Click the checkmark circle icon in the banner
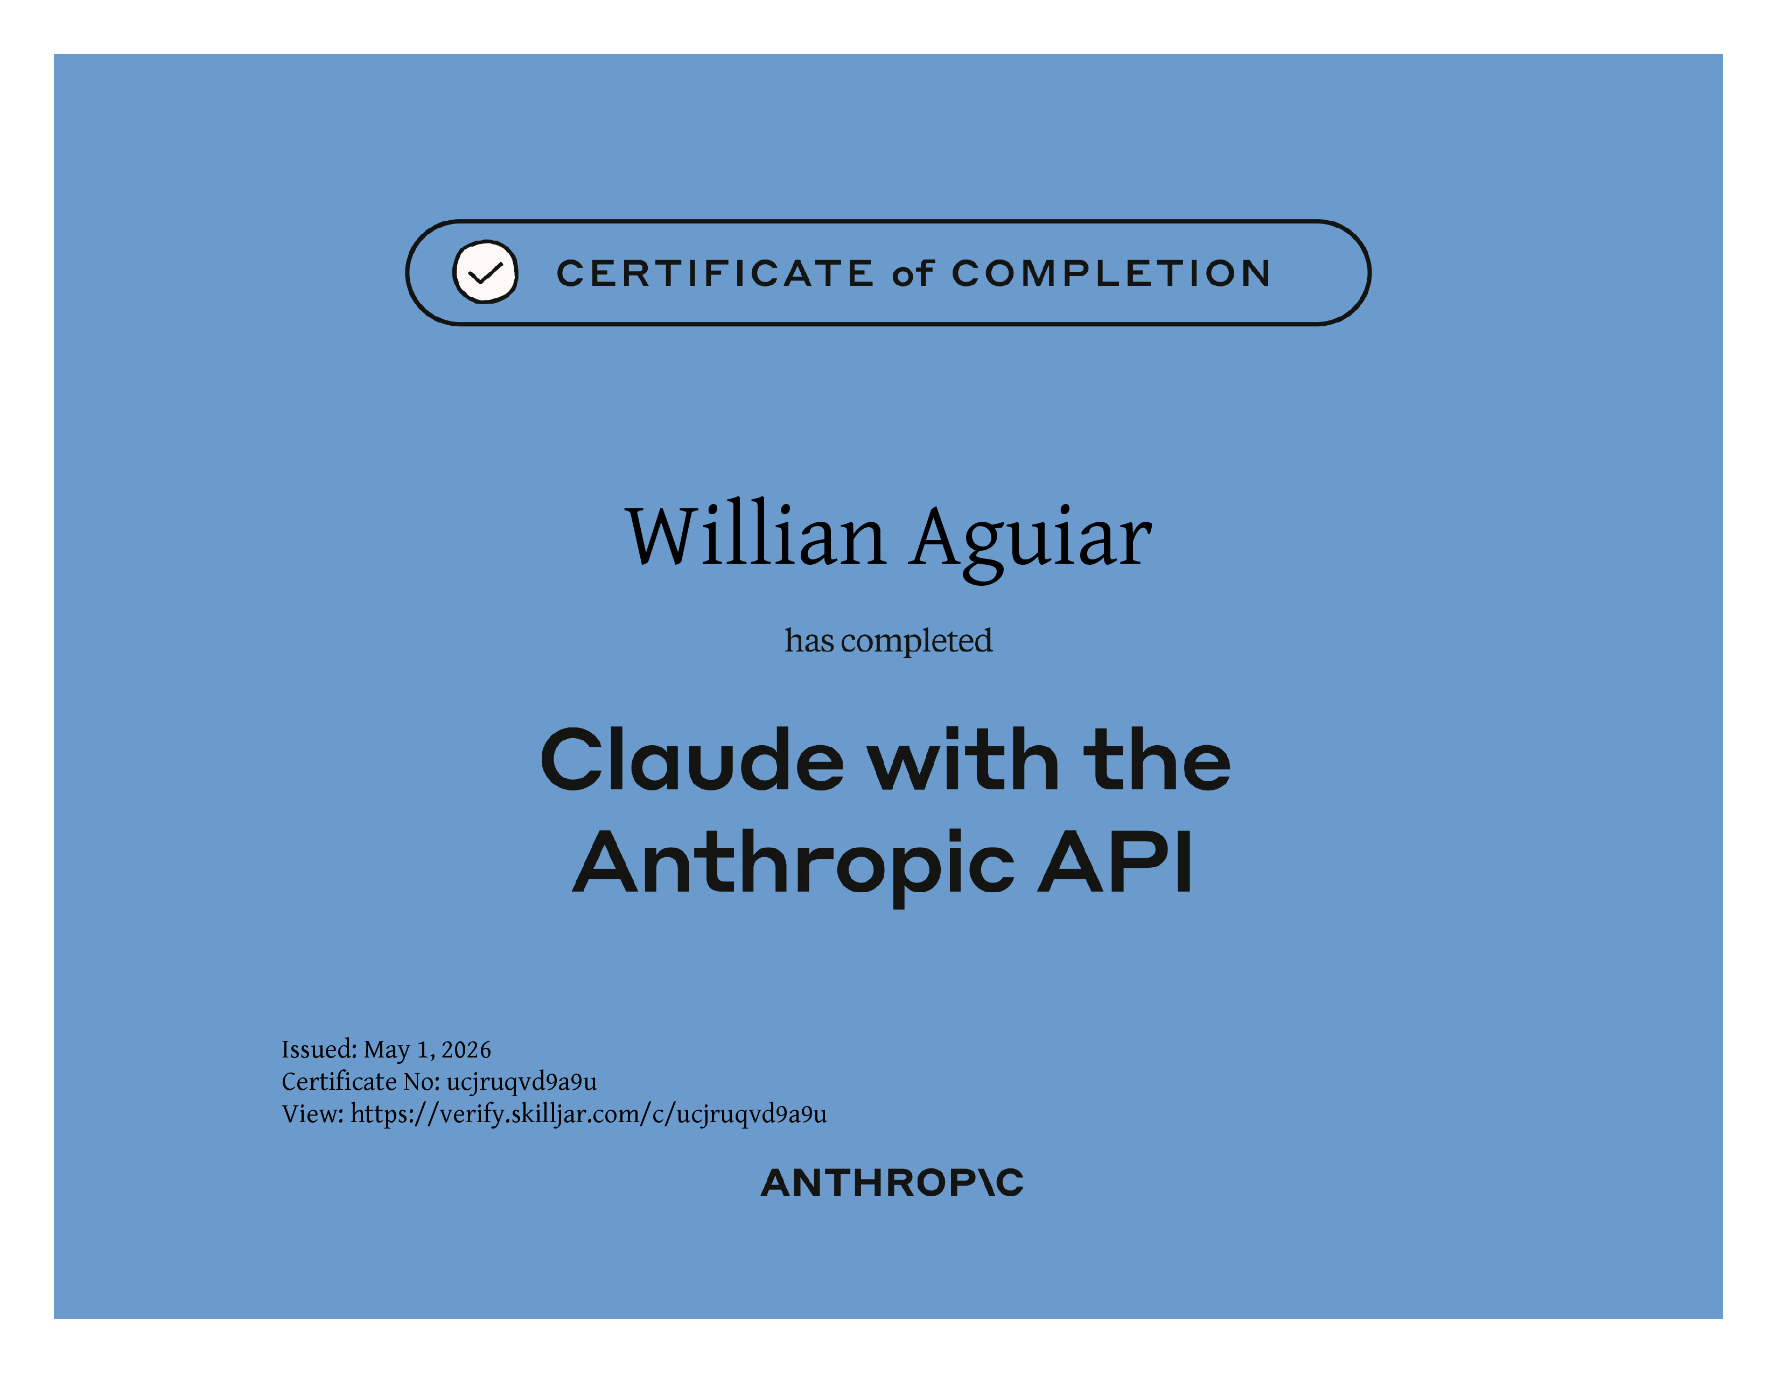(x=485, y=272)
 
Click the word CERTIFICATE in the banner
(x=715, y=274)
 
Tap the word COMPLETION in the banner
(x=1111, y=274)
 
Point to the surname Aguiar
(x=1031, y=542)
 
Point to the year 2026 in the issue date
(x=466, y=1050)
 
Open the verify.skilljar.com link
(x=588, y=1115)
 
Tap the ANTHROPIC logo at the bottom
(x=892, y=1183)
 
